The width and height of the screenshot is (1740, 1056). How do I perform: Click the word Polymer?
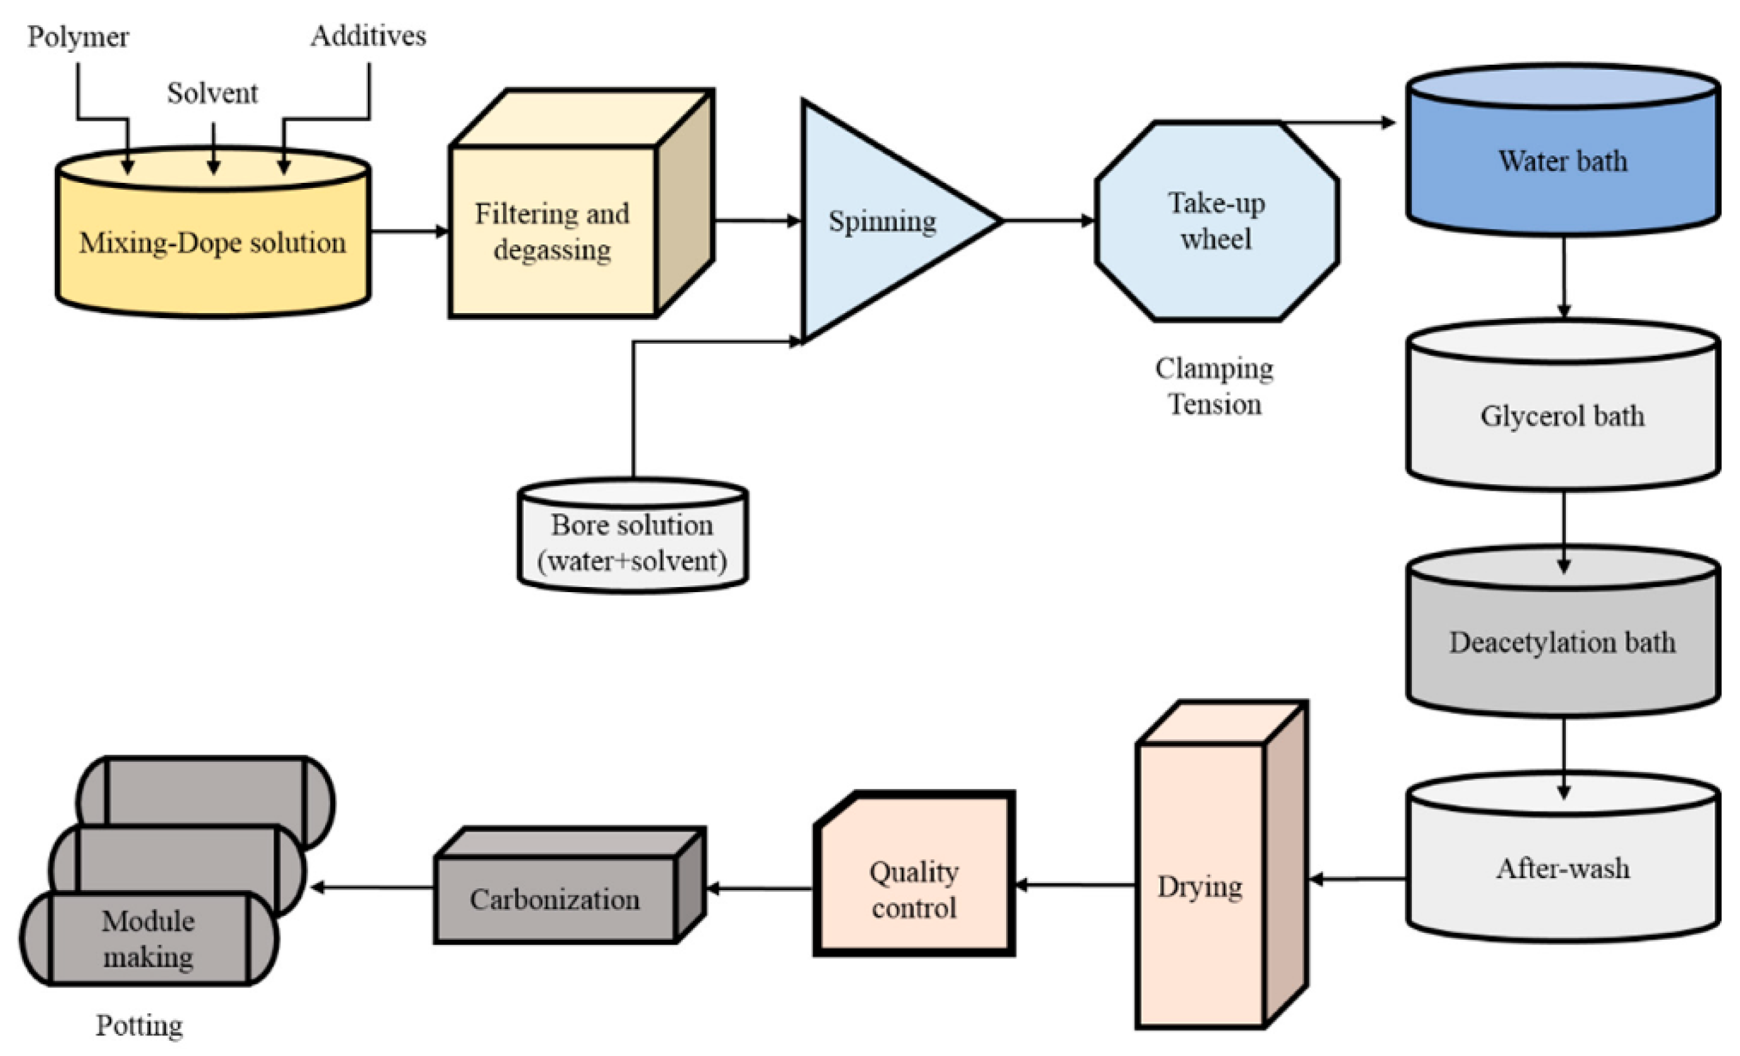[x=78, y=36]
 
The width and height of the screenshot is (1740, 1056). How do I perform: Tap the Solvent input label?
[x=212, y=93]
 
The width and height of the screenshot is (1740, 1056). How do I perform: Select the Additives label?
[x=368, y=36]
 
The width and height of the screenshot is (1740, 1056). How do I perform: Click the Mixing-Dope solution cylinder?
[x=212, y=243]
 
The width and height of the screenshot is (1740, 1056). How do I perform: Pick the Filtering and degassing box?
[x=552, y=231]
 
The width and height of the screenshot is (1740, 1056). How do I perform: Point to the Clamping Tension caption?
[x=1215, y=386]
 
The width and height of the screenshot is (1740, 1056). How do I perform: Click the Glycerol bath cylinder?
[x=1563, y=417]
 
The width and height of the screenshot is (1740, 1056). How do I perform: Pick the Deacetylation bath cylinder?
[x=1563, y=642]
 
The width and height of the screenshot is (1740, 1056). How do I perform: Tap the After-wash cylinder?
[x=1563, y=868]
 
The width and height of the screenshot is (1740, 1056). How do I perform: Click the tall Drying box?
[x=1200, y=886]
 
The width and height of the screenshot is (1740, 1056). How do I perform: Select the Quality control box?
[x=914, y=889]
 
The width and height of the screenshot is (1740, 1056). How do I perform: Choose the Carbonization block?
[x=555, y=899]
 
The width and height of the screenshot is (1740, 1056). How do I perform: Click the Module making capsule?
[x=148, y=939]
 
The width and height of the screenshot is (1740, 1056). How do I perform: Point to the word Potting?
[x=139, y=1025]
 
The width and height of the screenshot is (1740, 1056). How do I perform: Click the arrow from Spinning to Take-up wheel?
[x=1049, y=221]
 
